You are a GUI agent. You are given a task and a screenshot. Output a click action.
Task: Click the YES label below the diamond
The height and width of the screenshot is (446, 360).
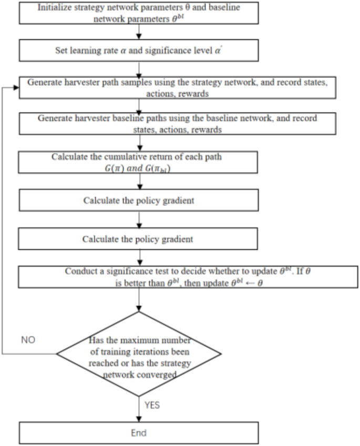click(152, 405)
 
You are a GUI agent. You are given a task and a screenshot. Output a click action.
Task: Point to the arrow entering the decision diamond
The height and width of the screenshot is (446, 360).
click(139, 302)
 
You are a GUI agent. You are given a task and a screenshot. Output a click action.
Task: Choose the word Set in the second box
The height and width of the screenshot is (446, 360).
click(61, 51)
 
